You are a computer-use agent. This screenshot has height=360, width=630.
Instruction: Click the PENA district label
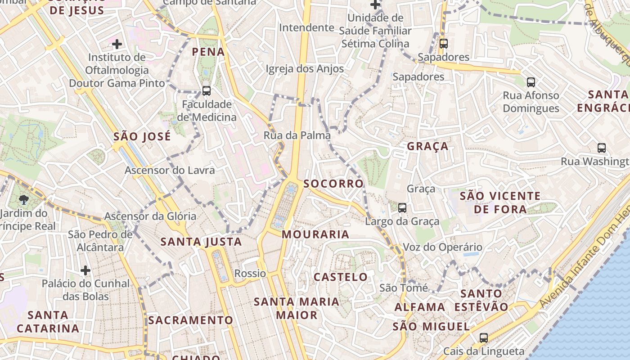pyautogui.click(x=208, y=52)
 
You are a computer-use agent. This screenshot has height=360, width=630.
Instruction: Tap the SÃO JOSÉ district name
pyautogui.click(x=142, y=136)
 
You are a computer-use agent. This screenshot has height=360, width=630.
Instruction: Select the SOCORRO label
pyautogui.click(x=333, y=184)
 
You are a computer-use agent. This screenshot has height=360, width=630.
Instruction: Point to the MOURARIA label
pyautogui.click(x=315, y=234)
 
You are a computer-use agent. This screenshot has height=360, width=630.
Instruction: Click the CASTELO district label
pyautogui.click(x=341, y=277)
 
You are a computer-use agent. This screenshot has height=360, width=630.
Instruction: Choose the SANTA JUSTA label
pyautogui.click(x=201, y=242)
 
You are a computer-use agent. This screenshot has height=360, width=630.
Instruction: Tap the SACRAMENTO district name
pyautogui.click(x=191, y=320)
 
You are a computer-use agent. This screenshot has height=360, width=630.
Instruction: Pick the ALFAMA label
pyautogui.click(x=420, y=307)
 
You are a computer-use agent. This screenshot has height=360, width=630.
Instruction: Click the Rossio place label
pyautogui.click(x=250, y=274)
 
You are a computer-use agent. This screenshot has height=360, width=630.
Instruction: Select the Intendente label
pyautogui.click(x=306, y=28)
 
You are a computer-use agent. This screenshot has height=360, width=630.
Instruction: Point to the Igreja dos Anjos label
pyautogui.click(x=305, y=69)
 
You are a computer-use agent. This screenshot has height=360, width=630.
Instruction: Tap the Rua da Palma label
pyautogui.click(x=297, y=135)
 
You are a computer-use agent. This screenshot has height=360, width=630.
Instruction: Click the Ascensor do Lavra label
pyautogui.click(x=170, y=171)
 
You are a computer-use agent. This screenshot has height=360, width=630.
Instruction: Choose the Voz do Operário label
pyautogui.click(x=436, y=247)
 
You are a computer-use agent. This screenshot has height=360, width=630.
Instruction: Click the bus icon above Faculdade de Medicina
pyautogui.click(x=207, y=91)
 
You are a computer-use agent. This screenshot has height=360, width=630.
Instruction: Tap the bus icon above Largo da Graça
pyautogui.click(x=402, y=208)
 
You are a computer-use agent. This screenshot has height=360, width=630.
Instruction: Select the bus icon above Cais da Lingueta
pyautogui.click(x=484, y=337)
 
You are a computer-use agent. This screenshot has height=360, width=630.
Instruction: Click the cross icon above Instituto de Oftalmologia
pyautogui.click(x=117, y=44)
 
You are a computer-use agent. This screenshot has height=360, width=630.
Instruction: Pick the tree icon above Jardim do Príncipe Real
pyautogui.click(x=24, y=199)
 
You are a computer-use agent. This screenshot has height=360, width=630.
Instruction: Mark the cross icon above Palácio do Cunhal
pyautogui.click(x=85, y=270)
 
